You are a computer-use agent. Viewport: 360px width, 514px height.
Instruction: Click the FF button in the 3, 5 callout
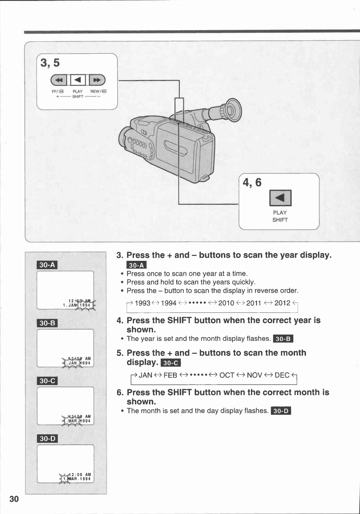[59, 80]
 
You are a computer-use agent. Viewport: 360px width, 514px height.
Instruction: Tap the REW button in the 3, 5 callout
[97, 80]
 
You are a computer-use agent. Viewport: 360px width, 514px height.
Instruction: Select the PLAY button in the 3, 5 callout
[78, 80]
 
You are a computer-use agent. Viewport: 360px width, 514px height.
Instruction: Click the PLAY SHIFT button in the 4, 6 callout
[280, 198]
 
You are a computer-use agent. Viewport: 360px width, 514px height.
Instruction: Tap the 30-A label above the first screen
[47, 265]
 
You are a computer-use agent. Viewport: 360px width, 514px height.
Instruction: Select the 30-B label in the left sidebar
[47, 323]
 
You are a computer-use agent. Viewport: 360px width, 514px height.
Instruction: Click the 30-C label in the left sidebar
[47, 381]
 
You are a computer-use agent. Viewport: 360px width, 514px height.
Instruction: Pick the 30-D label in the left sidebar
[47, 439]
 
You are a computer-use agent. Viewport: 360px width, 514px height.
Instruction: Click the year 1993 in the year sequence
[142, 303]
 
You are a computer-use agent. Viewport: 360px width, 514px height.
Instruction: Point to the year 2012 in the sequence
[282, 303]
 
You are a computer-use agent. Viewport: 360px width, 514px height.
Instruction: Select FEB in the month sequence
[170, 375]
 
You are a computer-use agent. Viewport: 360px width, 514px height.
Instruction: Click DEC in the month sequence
[282, 375]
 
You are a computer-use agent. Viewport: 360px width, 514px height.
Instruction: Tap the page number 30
[14, 499]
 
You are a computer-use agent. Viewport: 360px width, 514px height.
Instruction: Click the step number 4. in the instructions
[120, 320]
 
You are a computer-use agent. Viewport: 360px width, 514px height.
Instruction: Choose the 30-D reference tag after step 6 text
[281, 411]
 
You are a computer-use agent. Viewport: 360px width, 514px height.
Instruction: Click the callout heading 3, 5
[50, 63]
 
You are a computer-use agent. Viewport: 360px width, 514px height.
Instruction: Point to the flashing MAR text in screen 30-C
[73, 421]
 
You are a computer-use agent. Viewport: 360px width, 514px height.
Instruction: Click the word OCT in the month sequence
[227, 375]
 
